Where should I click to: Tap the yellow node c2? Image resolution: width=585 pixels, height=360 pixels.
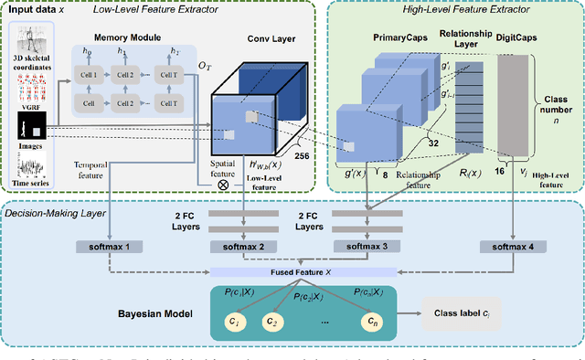[x=271, y=321]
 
